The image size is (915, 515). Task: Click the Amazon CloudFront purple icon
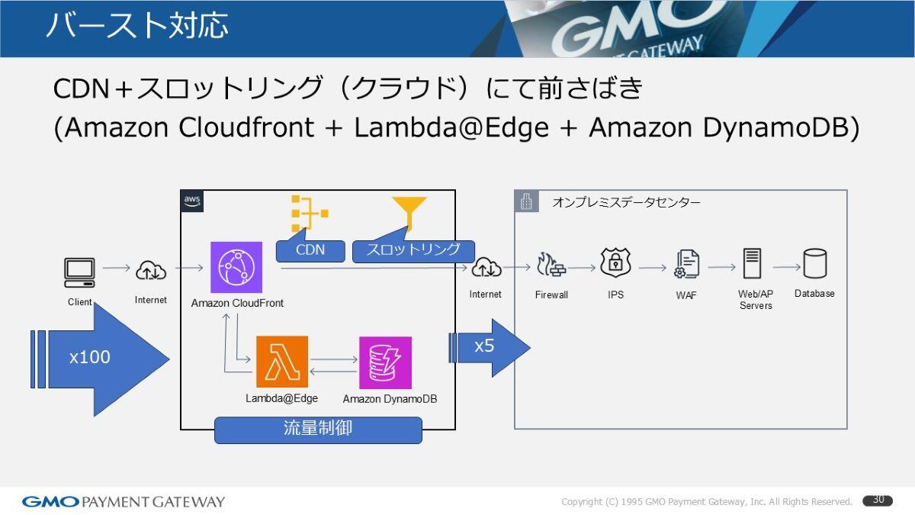click(x=236, y=267)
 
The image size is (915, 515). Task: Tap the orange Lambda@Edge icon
click(x=282, y=362)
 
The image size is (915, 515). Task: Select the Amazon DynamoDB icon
click(x=385, y=362)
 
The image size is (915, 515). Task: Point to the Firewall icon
click(x=551, y=265)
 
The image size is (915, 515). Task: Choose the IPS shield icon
click(x=615, y=263)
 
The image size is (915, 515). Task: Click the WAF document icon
click(x=686, y=264)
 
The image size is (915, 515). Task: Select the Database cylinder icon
click(x=814, y=264)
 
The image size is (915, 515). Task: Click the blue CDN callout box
click(x=310, y=250)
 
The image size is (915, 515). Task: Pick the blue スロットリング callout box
click(x=413, y=250)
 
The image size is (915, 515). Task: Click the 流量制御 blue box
click(x=318, y=430)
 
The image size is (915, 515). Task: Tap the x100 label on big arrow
click(x=90, y=357)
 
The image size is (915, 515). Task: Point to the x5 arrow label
click(x=484, y=346)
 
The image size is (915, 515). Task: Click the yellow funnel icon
click(x=409, y=212)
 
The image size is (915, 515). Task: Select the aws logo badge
click(x=192, y=201)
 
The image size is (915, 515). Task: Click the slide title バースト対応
click(x=137, y=26)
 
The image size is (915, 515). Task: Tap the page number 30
click(x=878, y=501)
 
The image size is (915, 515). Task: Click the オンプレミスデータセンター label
click(x=626, y=202)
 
